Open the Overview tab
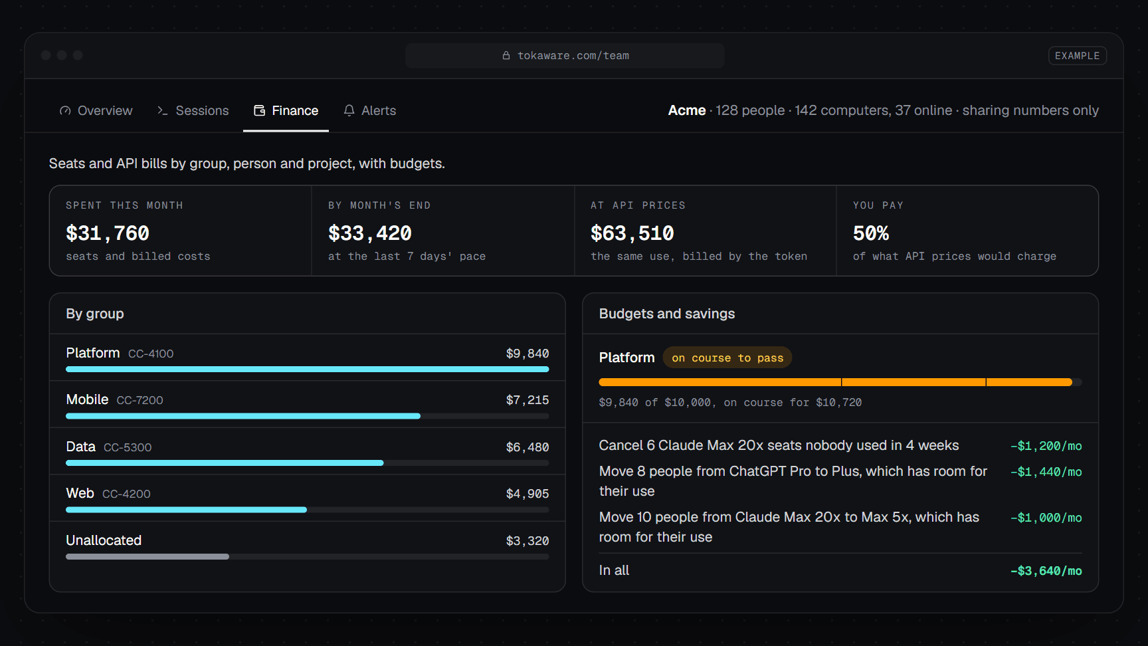point(96,110)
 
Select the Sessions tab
point(193,110)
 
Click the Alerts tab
point(369,110)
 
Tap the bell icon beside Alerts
point(349,110)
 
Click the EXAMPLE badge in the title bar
point(1077,56)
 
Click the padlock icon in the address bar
point(506,56)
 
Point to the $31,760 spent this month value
point(108,233)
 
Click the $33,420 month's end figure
point(370,233)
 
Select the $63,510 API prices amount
point(632,233)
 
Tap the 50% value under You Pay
point(871,233)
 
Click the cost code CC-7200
point(140,400)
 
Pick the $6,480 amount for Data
point(527,447)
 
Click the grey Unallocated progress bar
point(147,556)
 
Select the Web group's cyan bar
point(186,510)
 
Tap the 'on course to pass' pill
point(727,358)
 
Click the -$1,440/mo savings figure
point(1046,472)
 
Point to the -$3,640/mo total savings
point(1046,571)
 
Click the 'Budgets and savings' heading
point(667,314)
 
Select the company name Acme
point(687,110)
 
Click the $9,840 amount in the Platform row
point(527,354)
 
